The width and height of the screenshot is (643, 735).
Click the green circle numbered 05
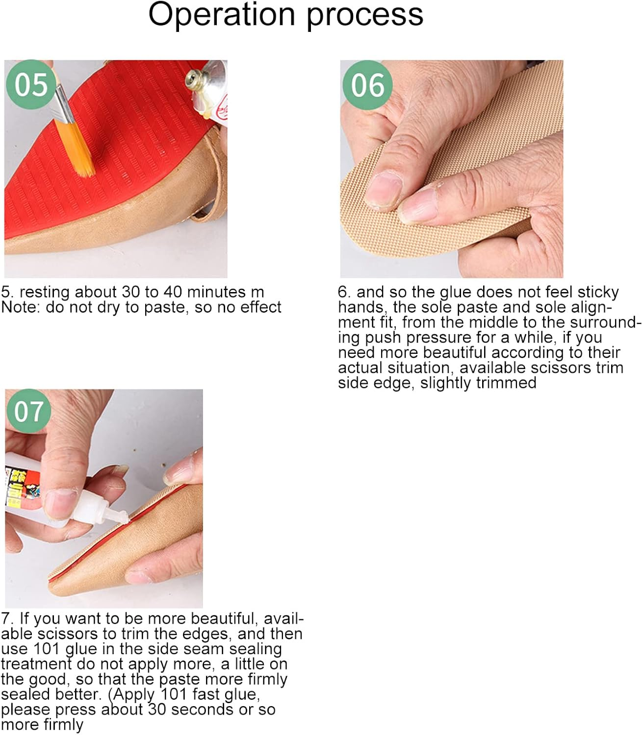click(x=31, y=84)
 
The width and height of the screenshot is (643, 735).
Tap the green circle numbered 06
click(x=367, y=85)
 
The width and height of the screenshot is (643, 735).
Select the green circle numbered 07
click(x=29, y=411)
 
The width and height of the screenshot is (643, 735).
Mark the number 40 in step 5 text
click(x=173, y=292)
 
